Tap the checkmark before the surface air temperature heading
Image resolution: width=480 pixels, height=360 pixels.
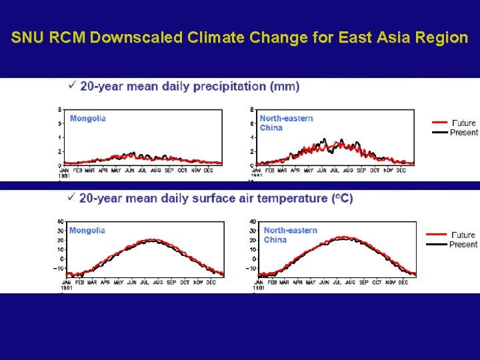[x=71, y=197]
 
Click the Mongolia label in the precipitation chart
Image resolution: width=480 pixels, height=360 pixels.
[x=88, y=119]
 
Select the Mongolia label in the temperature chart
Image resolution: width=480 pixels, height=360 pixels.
[x=87, y=231]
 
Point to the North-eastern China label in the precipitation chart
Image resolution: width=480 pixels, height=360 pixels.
[x=286, y=123]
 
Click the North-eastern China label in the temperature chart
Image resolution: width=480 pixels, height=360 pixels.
[x=290, y=235]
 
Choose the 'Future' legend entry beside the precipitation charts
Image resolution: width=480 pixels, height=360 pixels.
[x=463, y=123]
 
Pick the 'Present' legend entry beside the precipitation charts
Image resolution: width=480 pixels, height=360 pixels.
[x=463, y=132]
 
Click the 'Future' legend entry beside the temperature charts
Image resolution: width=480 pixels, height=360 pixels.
[x=463, y=235]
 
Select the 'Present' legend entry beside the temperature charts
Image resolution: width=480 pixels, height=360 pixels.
[x=463, y=244]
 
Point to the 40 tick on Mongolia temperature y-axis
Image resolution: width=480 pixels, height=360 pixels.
[x=60, y=222]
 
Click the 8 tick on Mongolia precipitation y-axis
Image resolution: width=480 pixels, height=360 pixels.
[x=60, y=109]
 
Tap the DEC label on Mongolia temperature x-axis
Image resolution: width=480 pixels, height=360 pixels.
[x=210, y=283]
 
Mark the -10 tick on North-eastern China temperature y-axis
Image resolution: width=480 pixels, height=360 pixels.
[x=251, y=269]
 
